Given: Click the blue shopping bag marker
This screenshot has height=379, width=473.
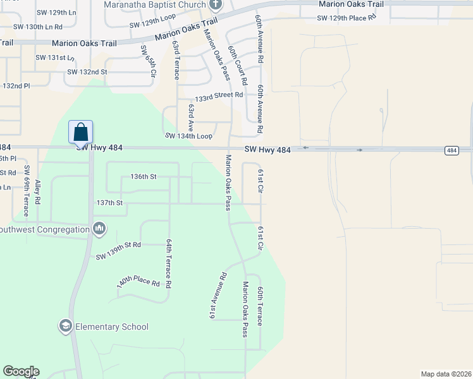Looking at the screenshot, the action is (80, 132).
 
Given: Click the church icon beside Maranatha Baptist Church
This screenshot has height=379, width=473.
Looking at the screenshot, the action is (215, 5).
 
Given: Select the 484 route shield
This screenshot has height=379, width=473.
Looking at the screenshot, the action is (451, 150).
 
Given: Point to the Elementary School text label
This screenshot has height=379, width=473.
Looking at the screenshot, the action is (112, 327).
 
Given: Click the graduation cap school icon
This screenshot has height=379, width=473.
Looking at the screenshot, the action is (65, 326).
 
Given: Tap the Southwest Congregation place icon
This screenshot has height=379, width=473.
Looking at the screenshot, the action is (99, 228).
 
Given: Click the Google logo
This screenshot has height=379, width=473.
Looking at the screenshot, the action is (21, 371).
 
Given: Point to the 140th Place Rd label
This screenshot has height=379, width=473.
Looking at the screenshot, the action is (138, 282).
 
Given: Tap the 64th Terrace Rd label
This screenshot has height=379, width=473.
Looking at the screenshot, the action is (169, 263).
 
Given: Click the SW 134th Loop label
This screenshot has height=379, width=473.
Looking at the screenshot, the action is (188, 136).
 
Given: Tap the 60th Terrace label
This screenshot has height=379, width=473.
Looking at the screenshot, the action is (260, 306).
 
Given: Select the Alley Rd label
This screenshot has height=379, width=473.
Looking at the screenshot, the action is (38, 191).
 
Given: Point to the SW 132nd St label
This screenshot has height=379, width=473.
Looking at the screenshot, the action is (87, 72).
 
